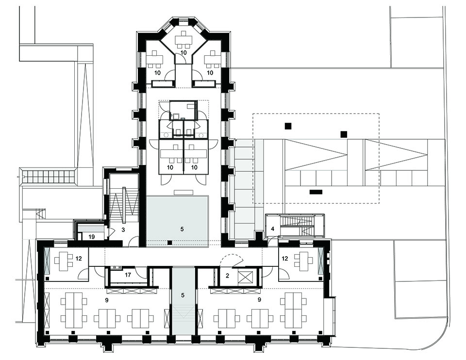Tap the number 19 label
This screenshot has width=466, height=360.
(91, 236)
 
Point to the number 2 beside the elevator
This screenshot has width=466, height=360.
(228, 276)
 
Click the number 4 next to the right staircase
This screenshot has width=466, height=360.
(273, 228)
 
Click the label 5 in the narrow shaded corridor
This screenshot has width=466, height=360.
(183, 295)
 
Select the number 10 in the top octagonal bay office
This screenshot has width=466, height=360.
(183, 52)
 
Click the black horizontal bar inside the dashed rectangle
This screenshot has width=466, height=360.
(316, 192)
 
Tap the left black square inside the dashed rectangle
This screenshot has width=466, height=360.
(288, 126)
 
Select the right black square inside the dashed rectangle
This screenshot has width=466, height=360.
(344, 133)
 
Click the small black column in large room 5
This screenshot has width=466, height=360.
(169, 242)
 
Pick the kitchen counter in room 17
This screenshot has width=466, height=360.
(116, 267)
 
